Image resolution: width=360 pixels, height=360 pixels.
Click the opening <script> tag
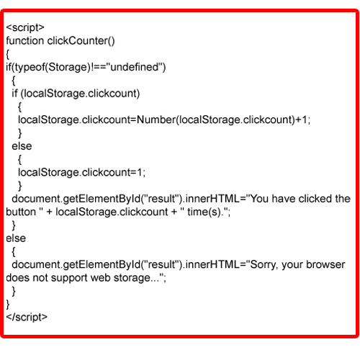tap(25, 28)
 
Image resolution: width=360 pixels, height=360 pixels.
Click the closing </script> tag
tap(27, 317)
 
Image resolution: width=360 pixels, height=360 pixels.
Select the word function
tap(25, 40)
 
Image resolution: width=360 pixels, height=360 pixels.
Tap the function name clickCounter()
tap(81, 41)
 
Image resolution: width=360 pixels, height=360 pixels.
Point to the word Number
tap(156, 120)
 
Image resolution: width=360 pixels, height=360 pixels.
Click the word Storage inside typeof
tap(69, 68)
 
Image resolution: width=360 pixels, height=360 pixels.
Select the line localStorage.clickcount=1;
tap(82, 172)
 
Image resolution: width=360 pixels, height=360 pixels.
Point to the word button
tap(21, 212)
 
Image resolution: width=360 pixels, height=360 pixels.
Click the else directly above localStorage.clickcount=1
tap(22, 146)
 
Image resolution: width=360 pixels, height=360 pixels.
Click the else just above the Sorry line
tap(16, 238)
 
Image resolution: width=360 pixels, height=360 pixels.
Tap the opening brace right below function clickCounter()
tap(8, 54)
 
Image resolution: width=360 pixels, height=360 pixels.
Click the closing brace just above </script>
tap(8, 304)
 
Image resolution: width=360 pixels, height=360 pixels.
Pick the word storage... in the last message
tap(136, 278)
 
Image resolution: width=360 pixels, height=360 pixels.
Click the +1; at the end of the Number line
tap(303, 120)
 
